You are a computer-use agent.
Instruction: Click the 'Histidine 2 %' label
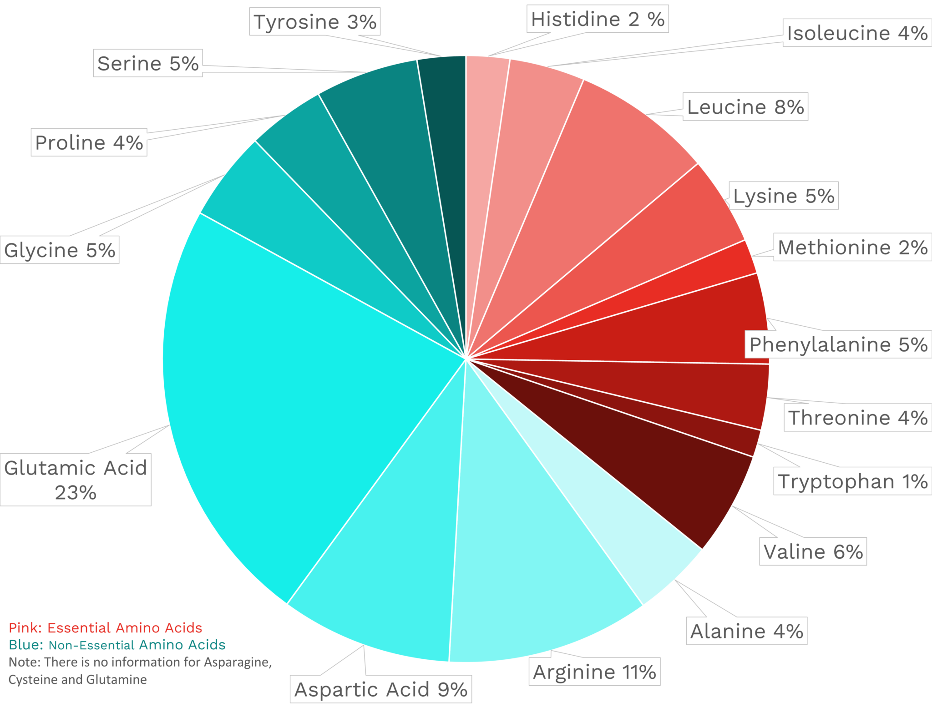click(597, 19)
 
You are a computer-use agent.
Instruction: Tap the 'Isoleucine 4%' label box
click(857, 33)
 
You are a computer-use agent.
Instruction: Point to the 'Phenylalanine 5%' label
click(838, 344)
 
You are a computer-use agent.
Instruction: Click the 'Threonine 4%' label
click(857, 417)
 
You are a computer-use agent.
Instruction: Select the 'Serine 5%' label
click(148, 63)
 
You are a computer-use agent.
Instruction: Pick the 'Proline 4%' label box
click(89, 142)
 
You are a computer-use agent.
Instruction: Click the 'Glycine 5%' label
click(60, 250)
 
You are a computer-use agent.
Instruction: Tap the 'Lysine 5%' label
click(783, 196)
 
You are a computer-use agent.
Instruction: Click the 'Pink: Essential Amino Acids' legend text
click(106, 628)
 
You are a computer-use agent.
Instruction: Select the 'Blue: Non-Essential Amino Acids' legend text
click(117, 645)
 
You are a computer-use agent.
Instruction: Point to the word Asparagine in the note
click(237, 662)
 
